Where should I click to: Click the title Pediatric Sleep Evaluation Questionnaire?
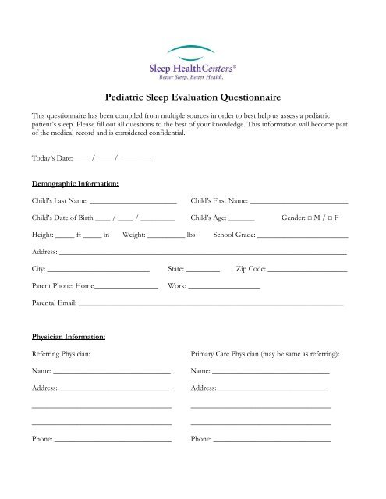[193, 98]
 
